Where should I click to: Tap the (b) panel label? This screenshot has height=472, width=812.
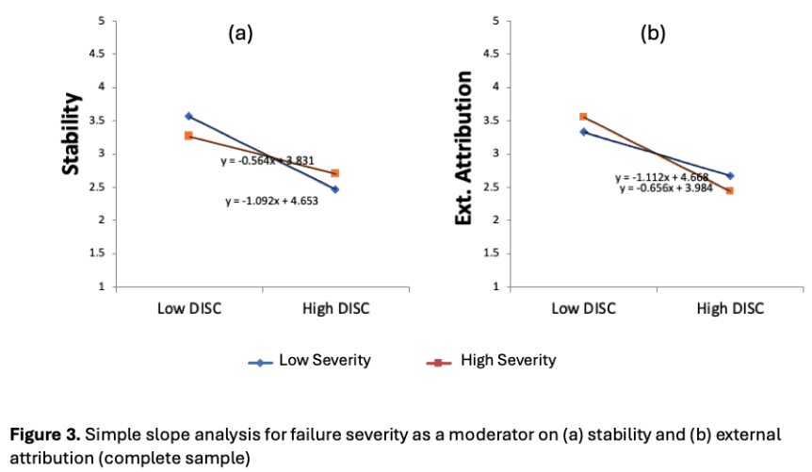653,34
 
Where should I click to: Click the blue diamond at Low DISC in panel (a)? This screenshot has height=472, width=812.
188,116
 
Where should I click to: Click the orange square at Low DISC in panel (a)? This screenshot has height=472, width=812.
188,136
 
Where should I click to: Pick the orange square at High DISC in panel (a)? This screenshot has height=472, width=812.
335,172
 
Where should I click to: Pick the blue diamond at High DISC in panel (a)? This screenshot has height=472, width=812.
335,189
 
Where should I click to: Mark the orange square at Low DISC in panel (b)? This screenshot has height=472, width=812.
583,117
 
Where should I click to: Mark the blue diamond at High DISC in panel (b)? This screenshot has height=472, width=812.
730,175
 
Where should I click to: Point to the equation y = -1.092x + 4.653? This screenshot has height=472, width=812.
271,201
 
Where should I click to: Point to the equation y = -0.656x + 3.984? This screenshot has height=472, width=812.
666,188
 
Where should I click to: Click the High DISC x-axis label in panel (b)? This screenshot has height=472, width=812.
730,308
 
